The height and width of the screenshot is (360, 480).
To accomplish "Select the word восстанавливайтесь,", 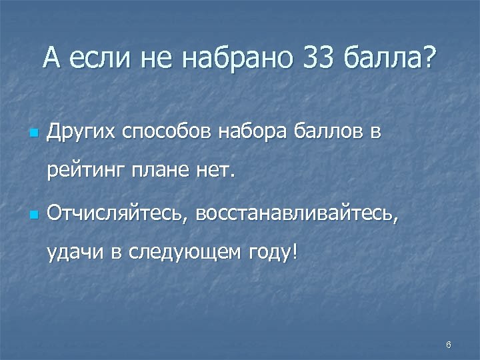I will [296, 215].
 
